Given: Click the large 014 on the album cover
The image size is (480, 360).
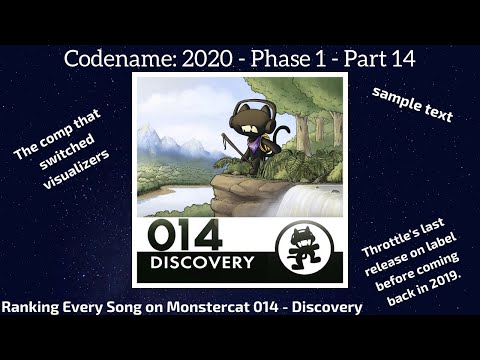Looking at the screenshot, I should click(x=185, y=234).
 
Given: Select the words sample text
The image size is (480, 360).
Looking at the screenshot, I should click(x=412, y=104).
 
